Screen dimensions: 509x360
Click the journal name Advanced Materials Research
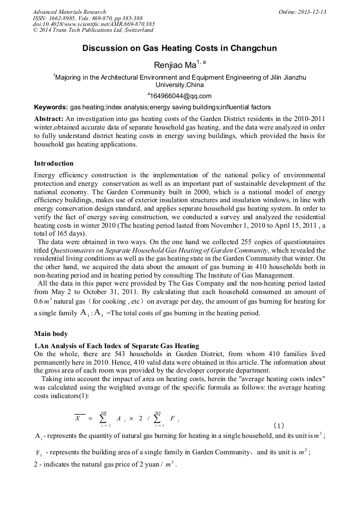coord(69,12)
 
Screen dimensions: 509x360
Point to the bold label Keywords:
coord(50,107)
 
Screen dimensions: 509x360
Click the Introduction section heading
coord(54,163)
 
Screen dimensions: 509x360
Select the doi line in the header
coord(93,24)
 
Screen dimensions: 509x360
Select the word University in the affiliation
coord(169,85)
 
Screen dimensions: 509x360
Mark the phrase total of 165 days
coord(59,234)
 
